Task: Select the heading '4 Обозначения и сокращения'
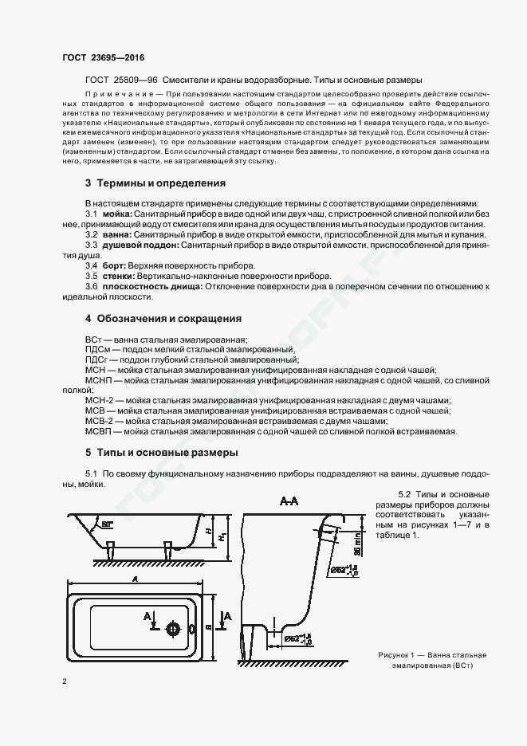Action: pos(163,319)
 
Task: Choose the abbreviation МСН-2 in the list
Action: pos(100,400)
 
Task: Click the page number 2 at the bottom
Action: pos(64,682)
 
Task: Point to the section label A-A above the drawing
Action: pos(289,501)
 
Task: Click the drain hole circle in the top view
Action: pos(172,628)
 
